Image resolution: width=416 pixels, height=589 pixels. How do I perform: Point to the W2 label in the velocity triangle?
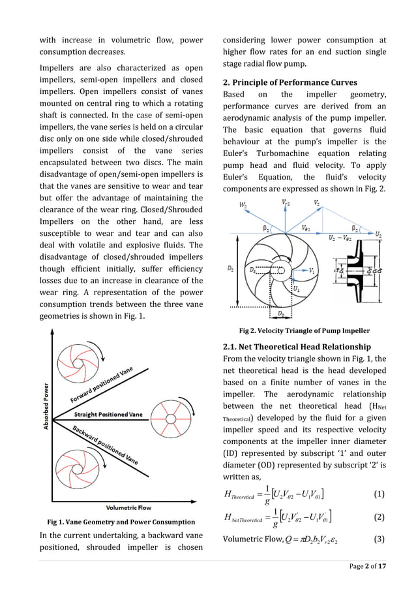[243, 206]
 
